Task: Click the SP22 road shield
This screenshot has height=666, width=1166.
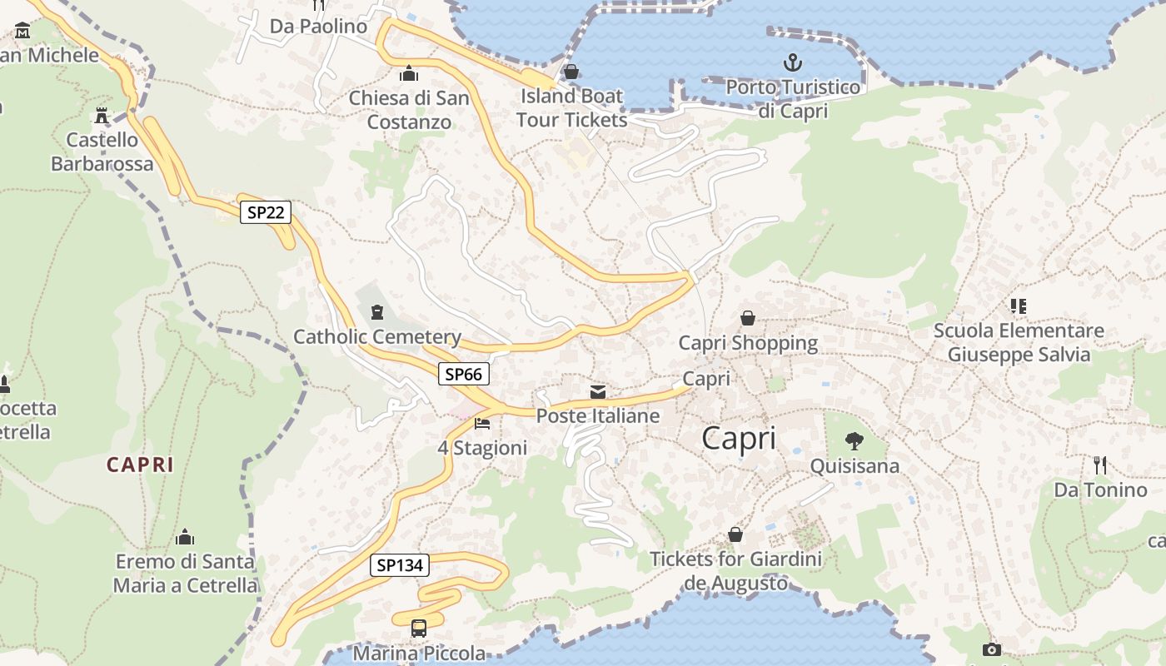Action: pyautogui.click(x=266, y=212)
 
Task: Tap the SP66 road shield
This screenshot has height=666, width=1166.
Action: pyautogui.click(x=463, y=375)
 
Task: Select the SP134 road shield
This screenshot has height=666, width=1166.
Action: pyautogui.click(x=400, y=565)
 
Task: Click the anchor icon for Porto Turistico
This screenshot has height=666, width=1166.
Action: pyautogui.click(x=793, y=62)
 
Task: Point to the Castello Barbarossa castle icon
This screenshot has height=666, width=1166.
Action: pyautogui.click(x=102, y=115)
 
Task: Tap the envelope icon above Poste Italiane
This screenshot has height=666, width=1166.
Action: pyautogui.click(x=598, y=391)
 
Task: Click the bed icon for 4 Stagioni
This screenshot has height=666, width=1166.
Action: pyautogui.click(x=482, y=424)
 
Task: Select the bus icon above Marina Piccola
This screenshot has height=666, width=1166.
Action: pyautogui.click(x=419, y=629)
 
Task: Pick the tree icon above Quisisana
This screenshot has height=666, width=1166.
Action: pyautogui.click(x=855, y=441)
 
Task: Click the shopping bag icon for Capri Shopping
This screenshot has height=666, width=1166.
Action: pyautogui.click(x=748, y=318)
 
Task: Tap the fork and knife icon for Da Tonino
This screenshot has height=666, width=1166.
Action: pyautogui.click(x=1100, y=465)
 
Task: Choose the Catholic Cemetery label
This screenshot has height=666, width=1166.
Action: pyautogui.click(x=377, y=337)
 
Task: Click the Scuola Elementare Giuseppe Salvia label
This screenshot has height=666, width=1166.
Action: pyautogui.click(x=1019, y=342)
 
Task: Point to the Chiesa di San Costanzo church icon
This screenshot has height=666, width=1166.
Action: pyautogui.click(x=409, y=73)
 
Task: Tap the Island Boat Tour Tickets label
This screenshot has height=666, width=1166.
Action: pyautogui.click(x=571, y=107)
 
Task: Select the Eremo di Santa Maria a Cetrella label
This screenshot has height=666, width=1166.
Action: pyautogui.click(x=186, y=573)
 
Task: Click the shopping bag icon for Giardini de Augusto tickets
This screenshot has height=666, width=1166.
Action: pyautogui.click(x=735, y=534)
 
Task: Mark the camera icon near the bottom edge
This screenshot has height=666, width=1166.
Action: pyautogui.click(x=991, y=649)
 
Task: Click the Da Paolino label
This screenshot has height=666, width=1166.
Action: pyautogui.click(x=318, y=27)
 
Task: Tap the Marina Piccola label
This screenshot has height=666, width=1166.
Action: pyautogui.click(x=419, y=653)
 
